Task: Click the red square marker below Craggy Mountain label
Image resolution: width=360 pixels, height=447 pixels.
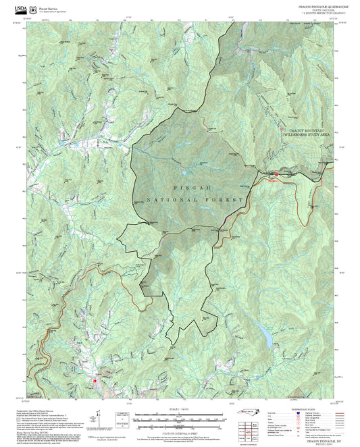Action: pyautogui.click(x=276, y=176)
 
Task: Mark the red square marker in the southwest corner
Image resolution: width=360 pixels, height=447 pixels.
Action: pyautogui.click(x=95, y=379)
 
